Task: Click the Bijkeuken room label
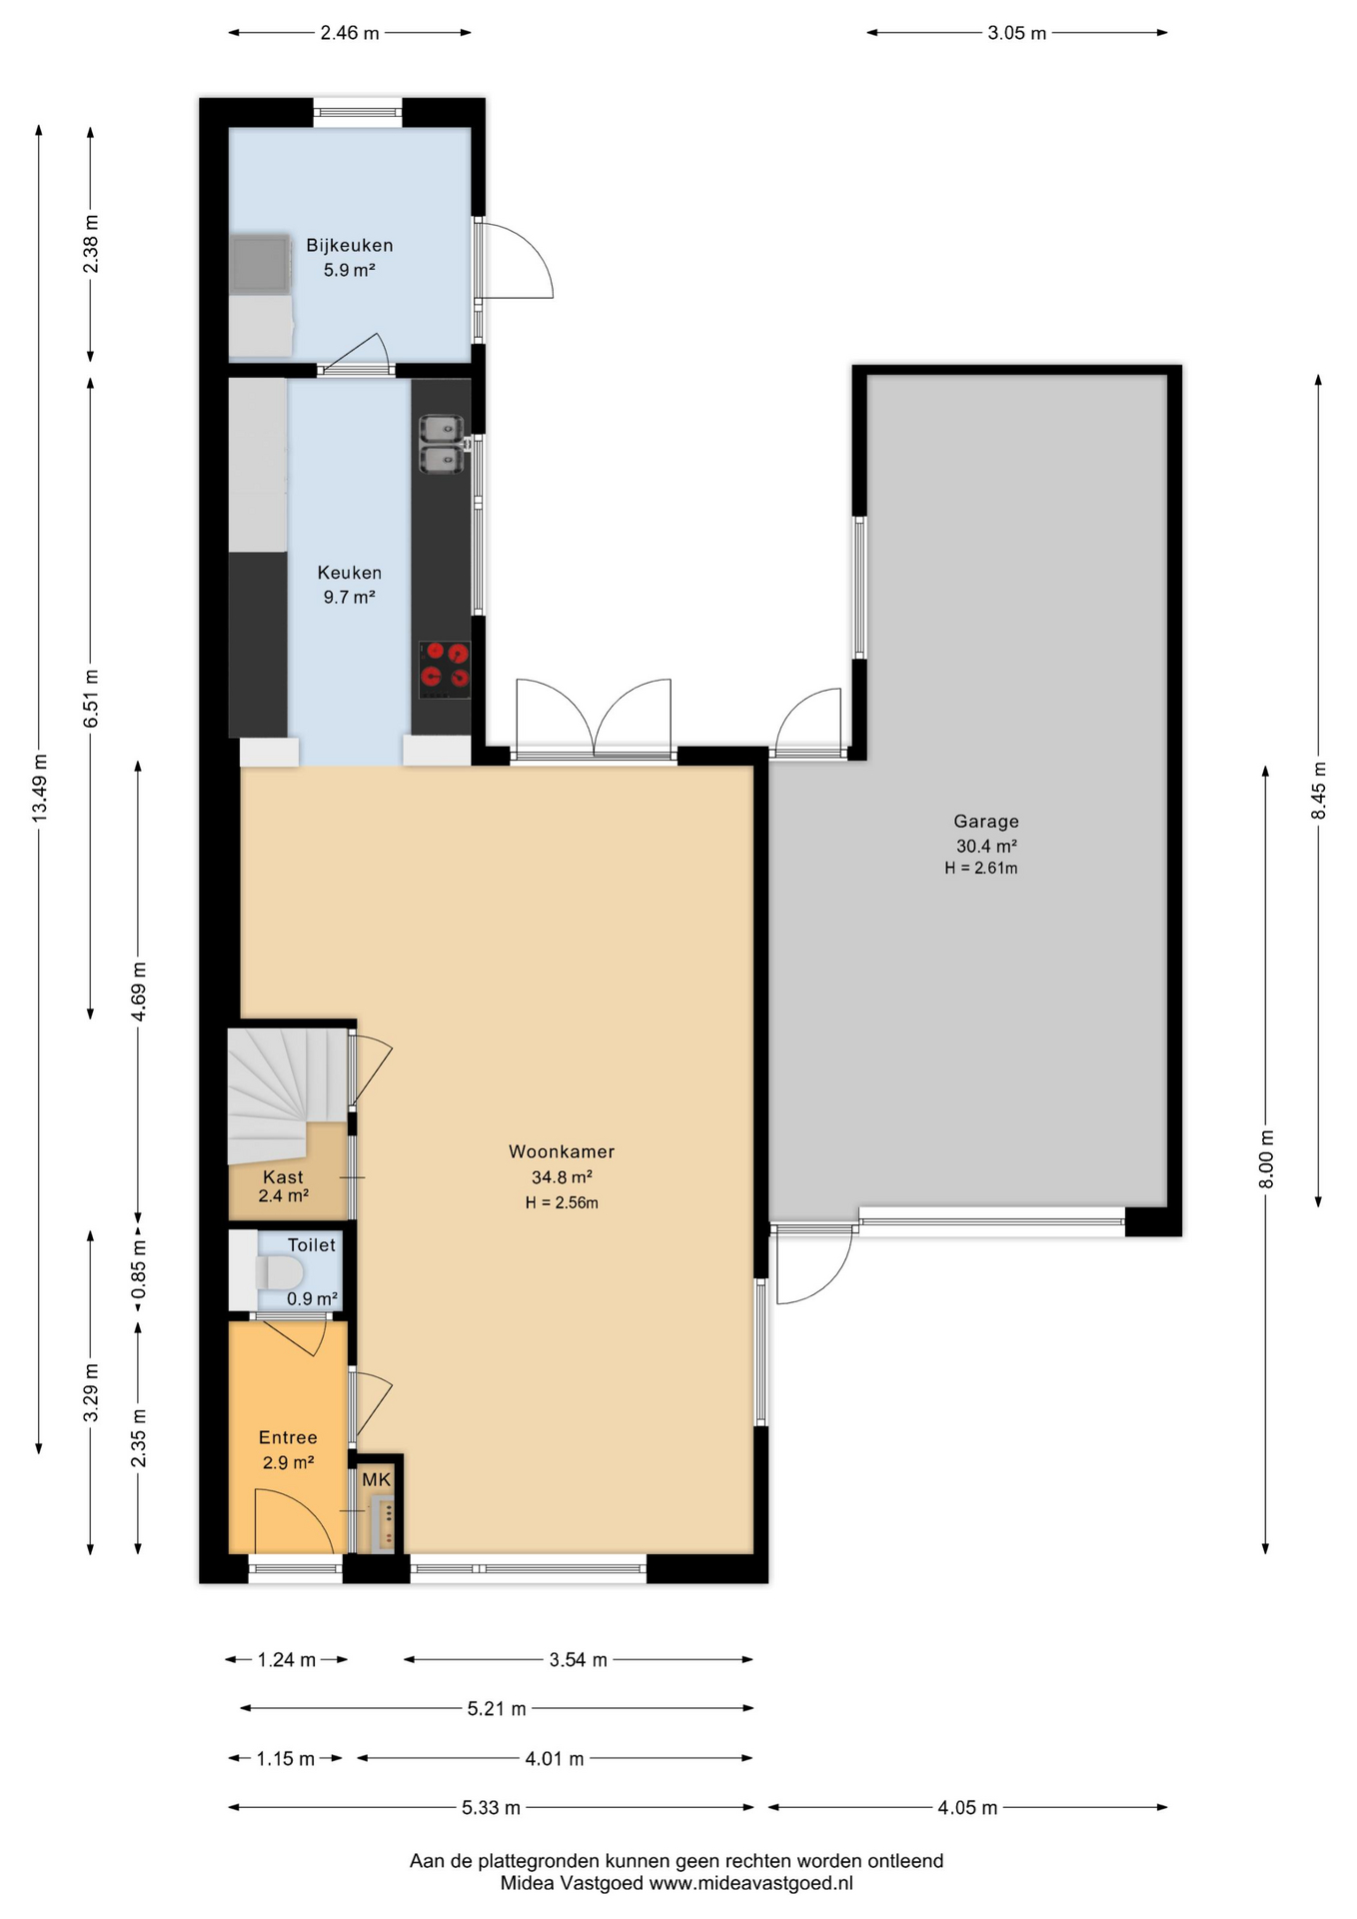[349, 246]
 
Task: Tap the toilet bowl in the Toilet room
[280, 1273]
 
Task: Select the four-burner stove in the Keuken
[445, 669]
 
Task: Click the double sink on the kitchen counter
[442, 444]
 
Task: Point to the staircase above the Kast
[287, 1093]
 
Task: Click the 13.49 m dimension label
[39, 790]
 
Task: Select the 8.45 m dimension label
[1319, 791]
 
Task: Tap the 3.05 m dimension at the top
[1017, 33]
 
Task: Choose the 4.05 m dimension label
[967, 1807]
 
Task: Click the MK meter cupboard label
[377, 1479]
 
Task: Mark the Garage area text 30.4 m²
[986, 846]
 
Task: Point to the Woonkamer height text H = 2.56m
[562, 1203]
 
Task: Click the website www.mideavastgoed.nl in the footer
[751, 1883]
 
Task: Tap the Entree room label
[288, 1438]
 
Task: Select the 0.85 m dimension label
[139, 1269]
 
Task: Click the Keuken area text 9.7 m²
[349, 598]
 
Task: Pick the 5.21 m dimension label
[497, 1709]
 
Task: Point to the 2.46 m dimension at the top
[350, 33]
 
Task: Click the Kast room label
[283, 1177]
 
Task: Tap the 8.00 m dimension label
[1266, 1159]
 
